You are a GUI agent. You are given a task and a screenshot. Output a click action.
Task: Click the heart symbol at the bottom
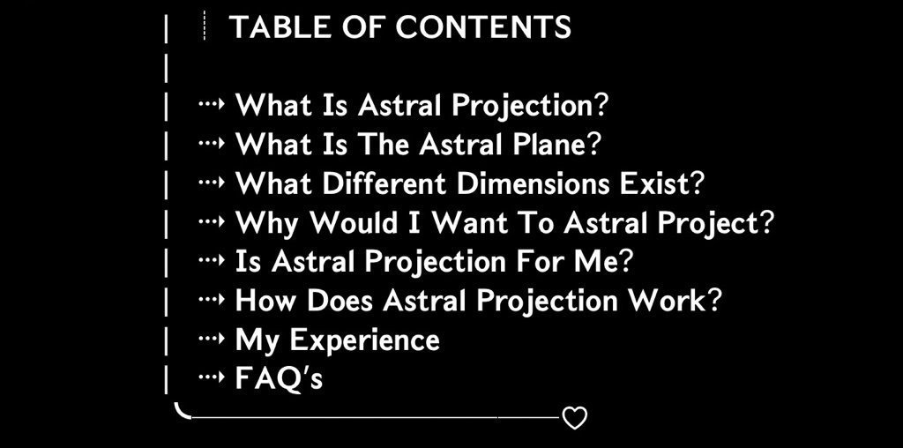(x=574, y=417)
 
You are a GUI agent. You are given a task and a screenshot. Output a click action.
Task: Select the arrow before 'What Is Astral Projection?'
(x=210, y=104)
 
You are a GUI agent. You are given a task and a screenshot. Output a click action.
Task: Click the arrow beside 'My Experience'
(x=210, y=339)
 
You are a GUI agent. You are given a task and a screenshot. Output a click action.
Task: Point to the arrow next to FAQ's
(x=210, y=377)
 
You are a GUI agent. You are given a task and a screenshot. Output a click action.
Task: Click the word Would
(x=354, y=222)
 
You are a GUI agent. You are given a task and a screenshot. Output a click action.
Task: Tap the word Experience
(x=364, y=340)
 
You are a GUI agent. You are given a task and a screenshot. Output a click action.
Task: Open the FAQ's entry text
(x=279, y=378)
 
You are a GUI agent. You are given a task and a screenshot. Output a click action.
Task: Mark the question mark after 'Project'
(x=765, y=222)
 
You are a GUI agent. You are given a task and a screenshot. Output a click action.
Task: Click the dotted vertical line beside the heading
(x=205, y=26)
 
